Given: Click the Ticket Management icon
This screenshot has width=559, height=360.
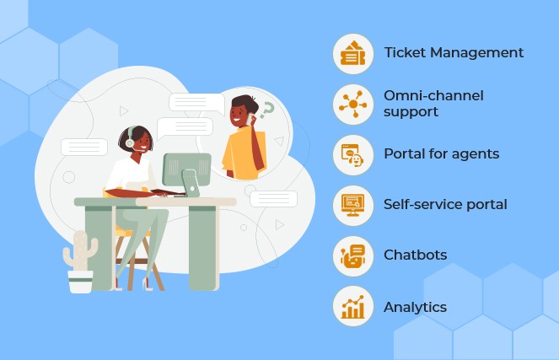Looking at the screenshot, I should (353, 53).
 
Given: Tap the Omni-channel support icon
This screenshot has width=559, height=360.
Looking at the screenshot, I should (353, 104).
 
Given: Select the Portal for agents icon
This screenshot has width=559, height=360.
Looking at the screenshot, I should (353, 154).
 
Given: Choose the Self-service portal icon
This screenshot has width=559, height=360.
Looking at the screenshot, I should (353, 205).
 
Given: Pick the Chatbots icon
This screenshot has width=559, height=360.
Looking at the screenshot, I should (353, 255).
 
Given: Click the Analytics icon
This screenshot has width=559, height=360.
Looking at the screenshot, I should (353, 307).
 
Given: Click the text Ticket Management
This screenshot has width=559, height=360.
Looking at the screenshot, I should (454, 52).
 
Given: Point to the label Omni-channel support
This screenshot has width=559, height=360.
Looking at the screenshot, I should (433, 104).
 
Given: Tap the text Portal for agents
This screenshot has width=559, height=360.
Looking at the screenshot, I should (441, 154).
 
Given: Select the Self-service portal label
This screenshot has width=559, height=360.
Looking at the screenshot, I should (445, 205).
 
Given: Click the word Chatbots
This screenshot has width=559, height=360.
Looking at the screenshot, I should (415, 255).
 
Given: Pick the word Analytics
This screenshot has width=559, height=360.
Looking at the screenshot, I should (415, 307).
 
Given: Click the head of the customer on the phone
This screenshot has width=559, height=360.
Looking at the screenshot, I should (243, 110).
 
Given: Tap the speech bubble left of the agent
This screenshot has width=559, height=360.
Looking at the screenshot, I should (84, 147).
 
